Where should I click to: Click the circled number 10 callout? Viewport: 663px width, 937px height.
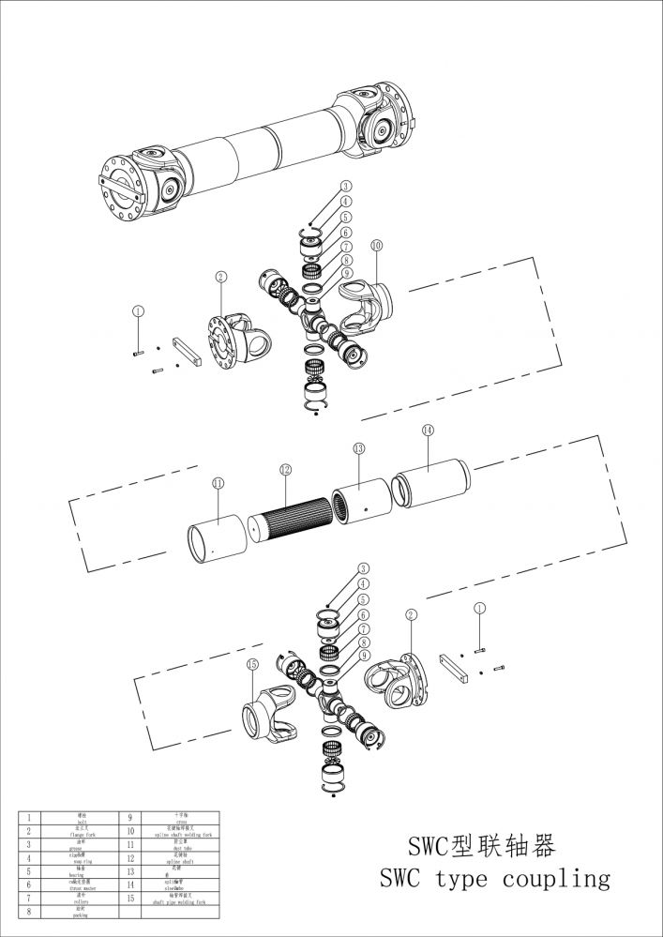pyautogui.click(x=376, y=245)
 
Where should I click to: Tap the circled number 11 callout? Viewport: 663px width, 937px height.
pyautogui.click(x=218, y=483)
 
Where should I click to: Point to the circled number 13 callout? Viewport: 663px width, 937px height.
pyautogui.click(x=358, y=450)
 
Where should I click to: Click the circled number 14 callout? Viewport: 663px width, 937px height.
pyautogui.click(x=428, y=430)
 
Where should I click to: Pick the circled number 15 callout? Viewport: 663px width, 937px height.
pyautogui.click(x=252, y=664)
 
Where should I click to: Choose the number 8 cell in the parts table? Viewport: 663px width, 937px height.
pyautogui.click(x=30, y=910)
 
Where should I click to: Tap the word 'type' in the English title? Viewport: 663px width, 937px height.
pyautogui.click(x=465, y=880)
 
